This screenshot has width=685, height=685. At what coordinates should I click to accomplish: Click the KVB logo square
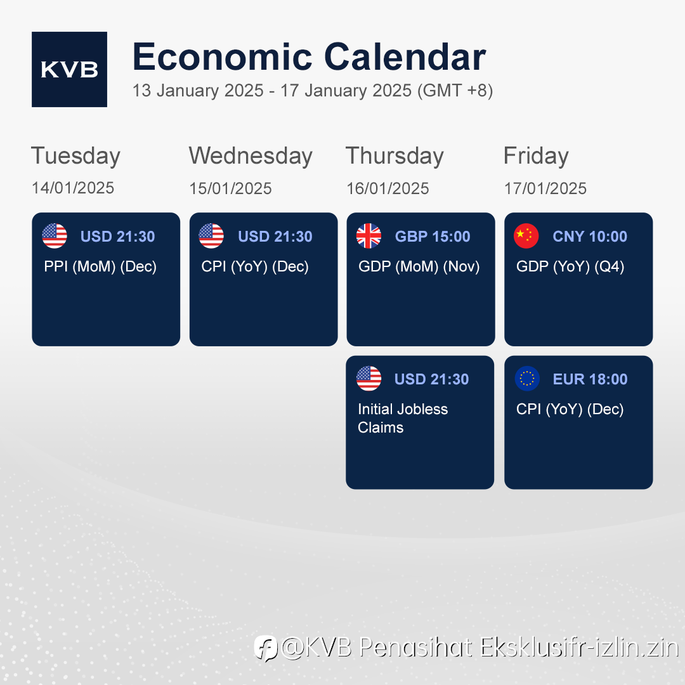[x=70, y=70]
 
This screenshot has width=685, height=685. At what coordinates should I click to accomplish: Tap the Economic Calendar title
[x=309, y=57]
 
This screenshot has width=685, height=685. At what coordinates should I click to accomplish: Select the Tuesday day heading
[x=75, y=157]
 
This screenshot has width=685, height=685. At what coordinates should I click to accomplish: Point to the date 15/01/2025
[x=230, y=188]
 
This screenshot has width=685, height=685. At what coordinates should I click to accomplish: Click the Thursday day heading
[x=395, y=157]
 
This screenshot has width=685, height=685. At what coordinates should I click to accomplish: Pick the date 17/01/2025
[x=545, y=188]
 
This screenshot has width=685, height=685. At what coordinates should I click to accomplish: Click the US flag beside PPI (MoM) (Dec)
[x=55, y=236]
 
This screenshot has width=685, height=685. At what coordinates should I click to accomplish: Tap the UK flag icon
[x=369, y=236]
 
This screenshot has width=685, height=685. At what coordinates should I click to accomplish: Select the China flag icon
[x=526, y=236]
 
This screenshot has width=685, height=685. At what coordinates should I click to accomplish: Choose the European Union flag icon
[x=527, y=378]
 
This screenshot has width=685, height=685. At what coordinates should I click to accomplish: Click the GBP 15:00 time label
[x=433, y=237]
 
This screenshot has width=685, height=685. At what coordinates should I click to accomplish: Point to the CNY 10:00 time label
[x=590, y=237]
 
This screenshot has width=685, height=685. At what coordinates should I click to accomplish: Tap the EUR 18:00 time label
[x=590, y=379]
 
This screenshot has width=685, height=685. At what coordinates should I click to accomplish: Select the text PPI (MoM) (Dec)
[x=100, y=266]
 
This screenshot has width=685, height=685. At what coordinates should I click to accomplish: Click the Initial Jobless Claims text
[x=403, y=418]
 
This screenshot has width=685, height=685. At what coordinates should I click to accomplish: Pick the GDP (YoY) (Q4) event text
[x=570, y=266]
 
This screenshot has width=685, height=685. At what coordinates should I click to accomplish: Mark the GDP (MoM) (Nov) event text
[x=419, y=266]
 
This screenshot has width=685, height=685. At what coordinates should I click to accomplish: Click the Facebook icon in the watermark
[x=266, y=648]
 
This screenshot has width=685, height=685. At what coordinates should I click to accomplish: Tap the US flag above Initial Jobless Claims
[x=369, y=378]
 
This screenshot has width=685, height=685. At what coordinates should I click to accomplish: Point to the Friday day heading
[x=536, y=157]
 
